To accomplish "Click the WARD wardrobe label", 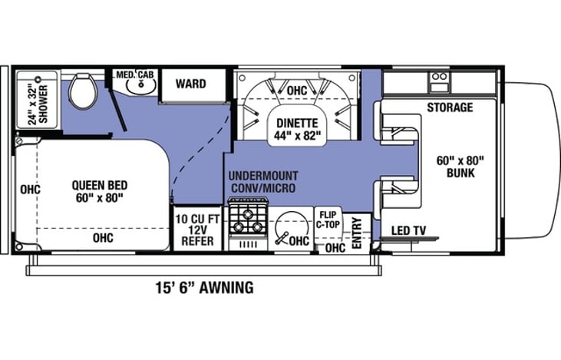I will coord(190,83).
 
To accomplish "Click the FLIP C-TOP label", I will coord(329,220).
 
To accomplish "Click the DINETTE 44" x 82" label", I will coord(295,127).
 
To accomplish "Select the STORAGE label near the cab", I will coord(450,107).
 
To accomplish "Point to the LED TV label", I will coord(410,230).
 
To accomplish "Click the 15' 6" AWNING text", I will coord(202,288).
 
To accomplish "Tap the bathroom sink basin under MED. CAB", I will coord(138,86).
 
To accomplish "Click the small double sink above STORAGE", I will coord(439,77).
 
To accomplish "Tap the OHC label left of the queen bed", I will coord(31,189).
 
